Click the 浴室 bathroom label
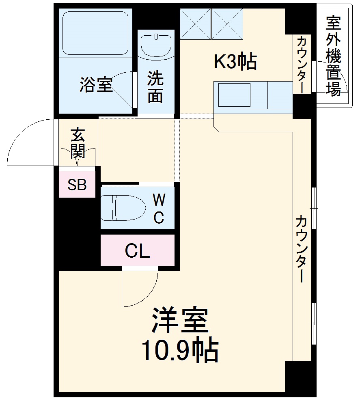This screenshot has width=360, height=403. (96, 85)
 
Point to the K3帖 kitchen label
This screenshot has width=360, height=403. (235, 62)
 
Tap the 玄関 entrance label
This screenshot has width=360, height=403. (77, 143)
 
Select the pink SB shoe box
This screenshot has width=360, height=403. (77, 185)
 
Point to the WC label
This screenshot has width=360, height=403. (159, 208)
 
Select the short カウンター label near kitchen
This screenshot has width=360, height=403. (302, 64)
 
